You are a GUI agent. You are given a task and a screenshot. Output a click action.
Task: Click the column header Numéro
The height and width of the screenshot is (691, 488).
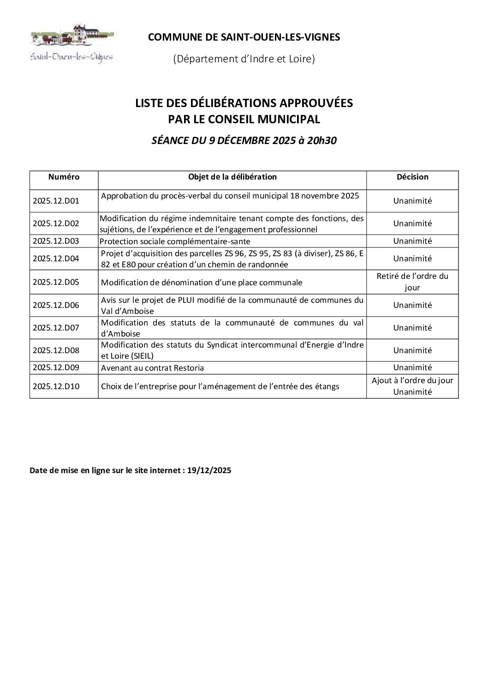tap(64, 177)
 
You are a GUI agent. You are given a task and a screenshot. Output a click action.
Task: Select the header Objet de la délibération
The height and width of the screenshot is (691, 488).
tap(232, 177)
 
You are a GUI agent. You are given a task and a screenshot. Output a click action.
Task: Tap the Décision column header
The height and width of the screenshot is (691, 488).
tap(412, 177)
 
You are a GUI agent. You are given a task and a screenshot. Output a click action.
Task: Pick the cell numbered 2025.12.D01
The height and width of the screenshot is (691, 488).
tap(56, 201)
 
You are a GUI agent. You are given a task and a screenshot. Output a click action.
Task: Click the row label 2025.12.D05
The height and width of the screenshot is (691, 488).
tap(56, 282)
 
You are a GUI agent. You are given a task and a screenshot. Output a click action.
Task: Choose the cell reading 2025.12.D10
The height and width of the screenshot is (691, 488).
tap(56, 386)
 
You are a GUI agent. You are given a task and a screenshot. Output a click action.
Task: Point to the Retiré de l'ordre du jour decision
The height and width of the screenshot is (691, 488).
tap(412, 282)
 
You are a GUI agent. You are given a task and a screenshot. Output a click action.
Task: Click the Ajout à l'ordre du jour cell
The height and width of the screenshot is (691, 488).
tap(412, 381)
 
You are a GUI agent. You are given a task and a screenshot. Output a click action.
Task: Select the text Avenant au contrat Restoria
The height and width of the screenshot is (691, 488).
tap(152, 368)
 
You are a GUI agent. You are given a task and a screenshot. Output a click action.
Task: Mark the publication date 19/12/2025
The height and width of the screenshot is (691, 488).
tap(209, 471)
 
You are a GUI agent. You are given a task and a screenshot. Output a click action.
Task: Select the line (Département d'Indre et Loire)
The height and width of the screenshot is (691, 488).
tap(244, 59)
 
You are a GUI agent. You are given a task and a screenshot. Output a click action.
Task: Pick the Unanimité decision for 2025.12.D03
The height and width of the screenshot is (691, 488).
tap(412, 241)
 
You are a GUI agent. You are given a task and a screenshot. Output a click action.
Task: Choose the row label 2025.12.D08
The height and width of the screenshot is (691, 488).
tap(56, 350)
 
